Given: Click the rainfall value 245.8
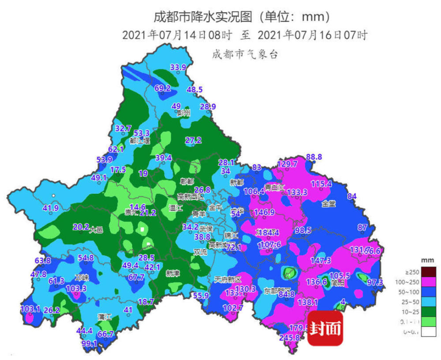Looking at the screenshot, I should tap(290, 338).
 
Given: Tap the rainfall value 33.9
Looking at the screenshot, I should tap(178, 67).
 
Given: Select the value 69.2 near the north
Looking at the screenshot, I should tap(162, 88).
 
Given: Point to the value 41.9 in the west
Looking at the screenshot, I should tap(51, 208).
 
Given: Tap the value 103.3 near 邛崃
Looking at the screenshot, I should tap(76, 288).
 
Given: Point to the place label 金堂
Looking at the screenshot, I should tap(329, 204).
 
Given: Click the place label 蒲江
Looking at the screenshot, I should tap(105, 317).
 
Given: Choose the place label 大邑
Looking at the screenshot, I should tap(95, 230).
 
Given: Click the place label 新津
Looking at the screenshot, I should tap(172, 273).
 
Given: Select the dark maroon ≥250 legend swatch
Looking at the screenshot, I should tap(429, 271).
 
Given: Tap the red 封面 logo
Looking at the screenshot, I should tap(325, 328).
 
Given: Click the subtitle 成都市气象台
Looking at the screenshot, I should tap(245, 55).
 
